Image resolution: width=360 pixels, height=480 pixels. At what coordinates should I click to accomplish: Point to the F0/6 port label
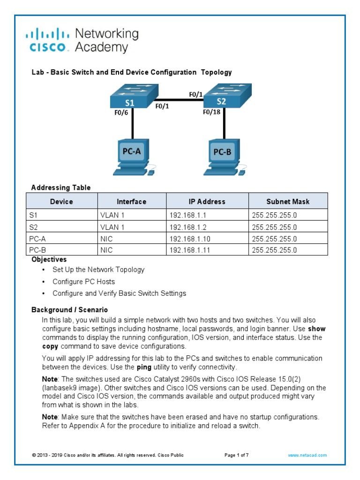[x=121, y=112]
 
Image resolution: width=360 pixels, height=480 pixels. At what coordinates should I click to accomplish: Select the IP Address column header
[x=207, y=202]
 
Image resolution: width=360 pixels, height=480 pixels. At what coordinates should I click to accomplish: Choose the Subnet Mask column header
[x=288, y=202]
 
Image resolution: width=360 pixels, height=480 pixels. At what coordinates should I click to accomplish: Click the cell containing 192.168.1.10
[x=190, y=239]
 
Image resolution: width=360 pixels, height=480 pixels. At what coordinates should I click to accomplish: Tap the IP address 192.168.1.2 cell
[x=188, y=227]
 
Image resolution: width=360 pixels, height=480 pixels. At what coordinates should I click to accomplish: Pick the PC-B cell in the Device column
[x=37, y=250]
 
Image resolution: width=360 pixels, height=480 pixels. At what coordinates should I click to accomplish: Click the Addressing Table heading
[x=61, y=187]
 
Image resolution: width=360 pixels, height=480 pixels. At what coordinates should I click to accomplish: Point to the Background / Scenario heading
[x=69, y=310]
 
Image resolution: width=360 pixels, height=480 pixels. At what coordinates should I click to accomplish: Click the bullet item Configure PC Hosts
[x=83, y=282]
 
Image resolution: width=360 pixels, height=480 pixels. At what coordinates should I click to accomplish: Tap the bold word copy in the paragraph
[x=50, y=346]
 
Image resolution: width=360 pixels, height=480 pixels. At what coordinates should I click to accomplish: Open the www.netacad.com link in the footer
[x=307, y=455]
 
